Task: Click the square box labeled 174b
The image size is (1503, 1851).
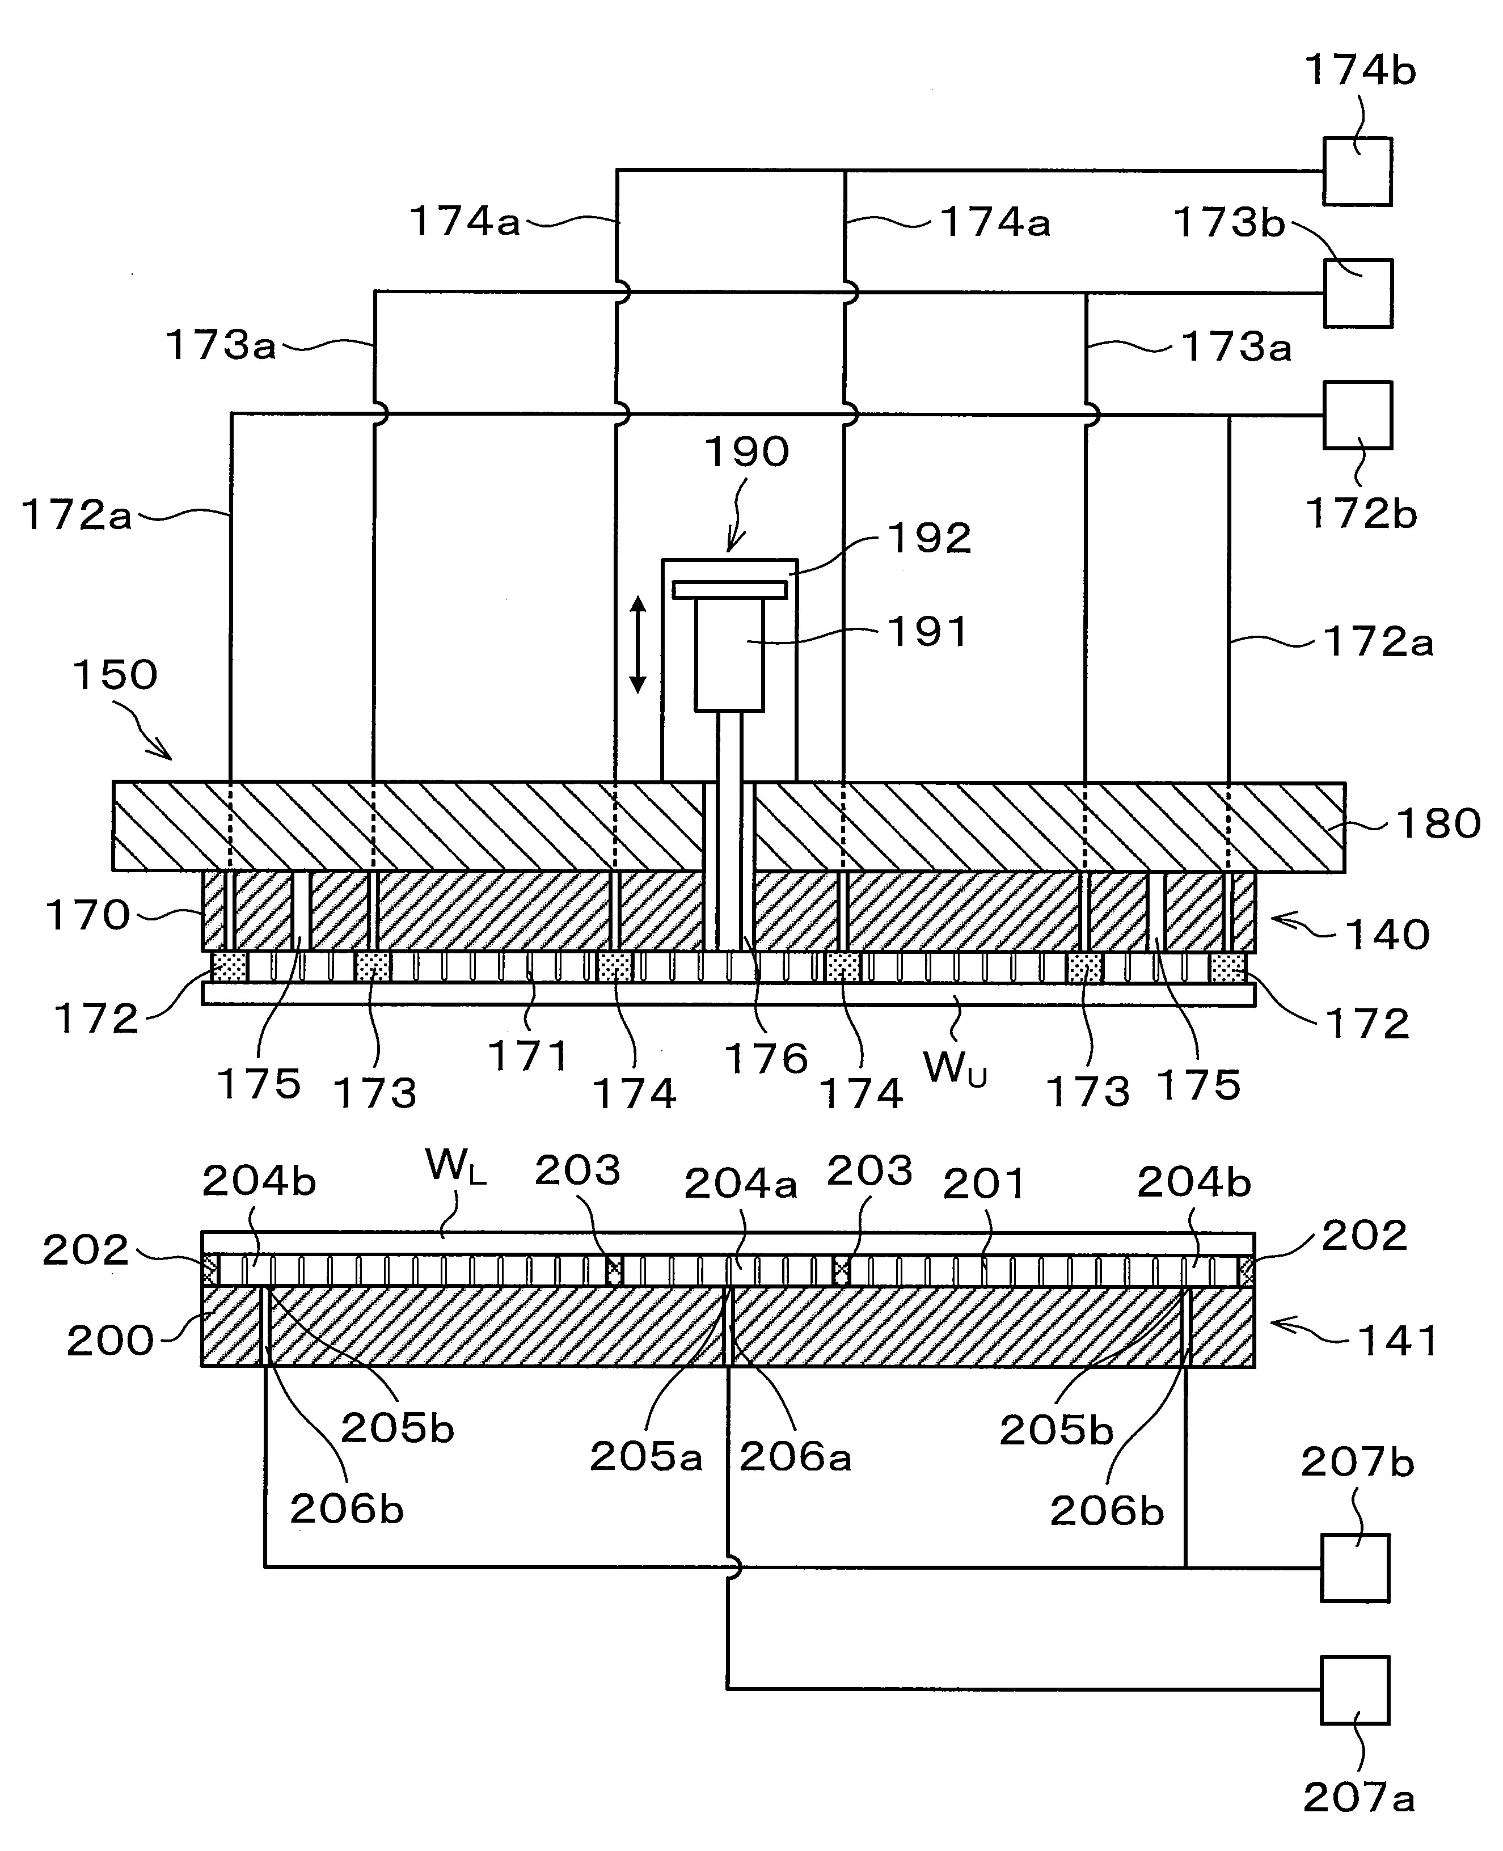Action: click(x=1357, y=171)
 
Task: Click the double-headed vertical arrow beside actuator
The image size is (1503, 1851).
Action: click(x=637, y=644)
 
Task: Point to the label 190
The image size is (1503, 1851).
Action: click(x=746, y=452)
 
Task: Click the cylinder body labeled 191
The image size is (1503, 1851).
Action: click(x=729, y=654)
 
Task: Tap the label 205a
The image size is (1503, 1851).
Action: click(x=645, y=1457)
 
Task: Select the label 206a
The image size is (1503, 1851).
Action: click(x=795, y=1457)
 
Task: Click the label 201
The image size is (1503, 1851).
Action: click(x=983, y=1184)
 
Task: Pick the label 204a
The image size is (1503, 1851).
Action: click(x=740, y=1184)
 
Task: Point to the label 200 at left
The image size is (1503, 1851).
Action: click(x=110, y=1341)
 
